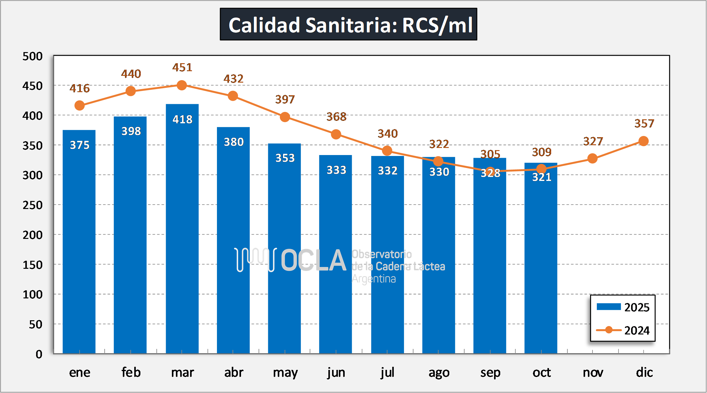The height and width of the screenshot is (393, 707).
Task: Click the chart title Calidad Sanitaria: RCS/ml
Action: point(348,25)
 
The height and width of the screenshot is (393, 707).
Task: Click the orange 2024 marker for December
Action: point(643,141)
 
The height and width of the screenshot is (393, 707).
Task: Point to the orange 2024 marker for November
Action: point(592,159)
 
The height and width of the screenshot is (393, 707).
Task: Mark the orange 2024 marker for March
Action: point(182,85)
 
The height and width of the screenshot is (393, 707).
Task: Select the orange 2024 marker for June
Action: point(336,134)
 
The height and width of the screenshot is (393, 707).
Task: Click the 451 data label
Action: point(182,68)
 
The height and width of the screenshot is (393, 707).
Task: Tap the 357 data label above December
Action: point(644,124)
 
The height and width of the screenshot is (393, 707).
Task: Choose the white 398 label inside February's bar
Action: point(131,131)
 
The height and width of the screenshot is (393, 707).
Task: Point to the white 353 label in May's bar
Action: point(285,158)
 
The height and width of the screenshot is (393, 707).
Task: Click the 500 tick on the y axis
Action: point(32,56)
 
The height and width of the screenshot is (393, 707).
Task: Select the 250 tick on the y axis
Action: point(32,205)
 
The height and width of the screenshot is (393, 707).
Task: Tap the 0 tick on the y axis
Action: point(39,354)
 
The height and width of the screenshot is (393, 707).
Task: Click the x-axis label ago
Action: point(439,373)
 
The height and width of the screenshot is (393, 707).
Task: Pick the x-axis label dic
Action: point(644,373)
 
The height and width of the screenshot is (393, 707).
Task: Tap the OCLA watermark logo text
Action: point(313,261)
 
